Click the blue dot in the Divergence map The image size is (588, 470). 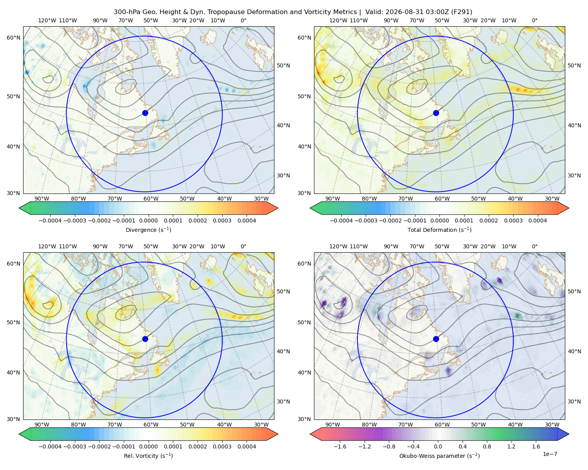coord(145,113)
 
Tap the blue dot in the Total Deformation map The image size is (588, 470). coord(436,113)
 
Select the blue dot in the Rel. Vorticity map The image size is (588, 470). coord(145,339)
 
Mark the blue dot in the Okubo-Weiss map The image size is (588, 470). coord(436,339)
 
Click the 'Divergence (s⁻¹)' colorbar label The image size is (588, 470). coord(148,230)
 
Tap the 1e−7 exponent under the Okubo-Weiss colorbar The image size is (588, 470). coord(550,454)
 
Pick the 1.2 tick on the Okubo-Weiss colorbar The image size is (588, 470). coord(511,446)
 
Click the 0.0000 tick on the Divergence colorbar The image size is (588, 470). coord(148,221)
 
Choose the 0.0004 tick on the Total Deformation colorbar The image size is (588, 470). coord(537,221)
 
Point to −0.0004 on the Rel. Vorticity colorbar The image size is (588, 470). coord(50,446)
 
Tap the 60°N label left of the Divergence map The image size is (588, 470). coord(13,38)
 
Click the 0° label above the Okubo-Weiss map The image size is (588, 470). coord(534,246)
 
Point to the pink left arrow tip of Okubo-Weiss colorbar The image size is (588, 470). coord(310,434)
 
